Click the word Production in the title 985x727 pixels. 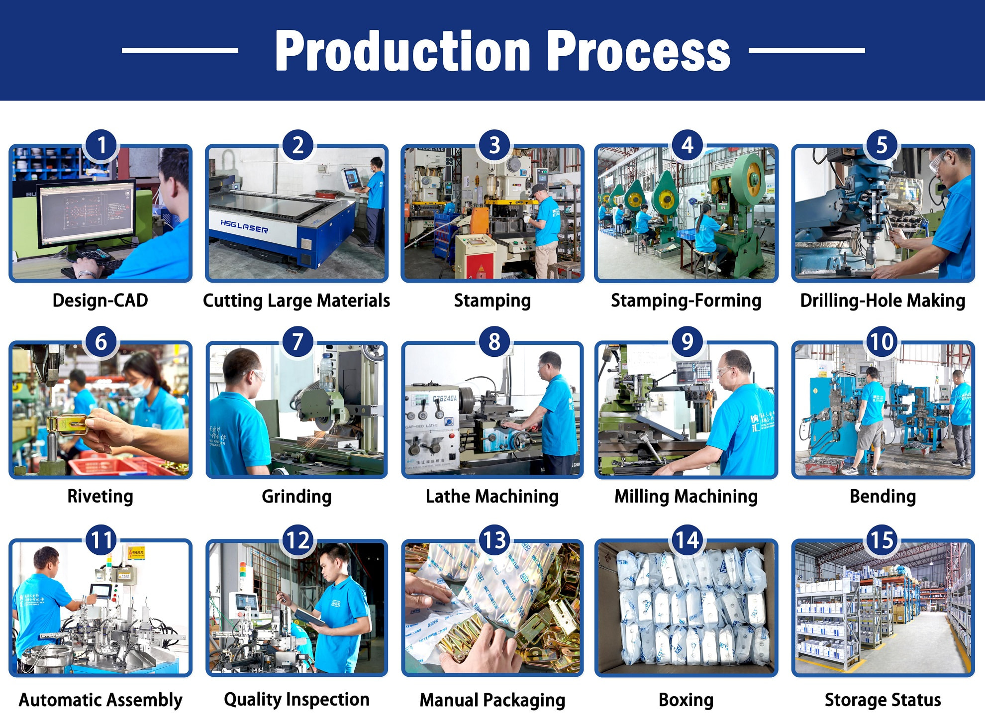[x=403, y=51]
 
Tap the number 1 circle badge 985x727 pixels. [x=101, y=145]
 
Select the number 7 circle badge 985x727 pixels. [x=297, y=341]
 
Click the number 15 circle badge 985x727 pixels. [x=882, y=540]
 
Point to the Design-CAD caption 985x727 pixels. [x=100, y=301]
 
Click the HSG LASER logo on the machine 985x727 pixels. [x=244, y=227]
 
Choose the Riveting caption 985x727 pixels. [x=100, y=496]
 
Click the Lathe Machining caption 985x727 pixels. [x=492, y=496]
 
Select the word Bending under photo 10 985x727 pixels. [x=883, y=496]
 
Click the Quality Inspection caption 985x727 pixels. [x=296, y=699]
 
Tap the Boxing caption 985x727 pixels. [x=686, y=700]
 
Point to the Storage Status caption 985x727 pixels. [x=883, y=700]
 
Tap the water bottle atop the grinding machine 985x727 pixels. [x=326, y=371]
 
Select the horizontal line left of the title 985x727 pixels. [x=180, y=50]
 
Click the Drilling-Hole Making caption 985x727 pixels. [x=883, y=301]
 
